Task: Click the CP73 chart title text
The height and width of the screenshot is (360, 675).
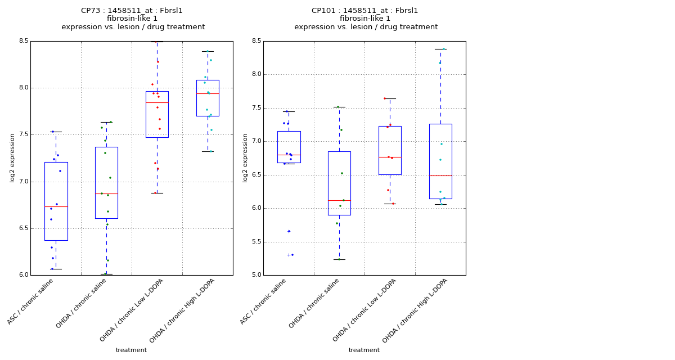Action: pyautogui.click(x=133, y=11)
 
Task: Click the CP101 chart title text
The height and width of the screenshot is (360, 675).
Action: pyautogui.click(x=366, y=11)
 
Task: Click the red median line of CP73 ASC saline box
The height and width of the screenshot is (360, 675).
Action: pyautogui.click(x=56, y=206)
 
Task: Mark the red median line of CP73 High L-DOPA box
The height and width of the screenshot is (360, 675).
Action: pyautogui.click(x=208, y=93)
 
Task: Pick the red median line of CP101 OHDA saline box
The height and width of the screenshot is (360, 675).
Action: pyautogui.click(x=339, y=200)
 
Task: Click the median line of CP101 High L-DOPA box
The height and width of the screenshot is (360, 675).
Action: pyautogui.click(x=440, y=175)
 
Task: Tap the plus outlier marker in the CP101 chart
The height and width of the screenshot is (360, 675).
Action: pyautogui.click(x=289, y=255)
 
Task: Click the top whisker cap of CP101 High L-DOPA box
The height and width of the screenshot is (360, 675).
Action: pyautogui.click(x=440, y=49)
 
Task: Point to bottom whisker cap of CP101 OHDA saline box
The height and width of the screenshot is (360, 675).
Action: pyautogui.click(x=339, y=259)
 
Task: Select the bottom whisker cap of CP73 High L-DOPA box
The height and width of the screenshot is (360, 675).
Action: pyautogui.click(x=208, y=151)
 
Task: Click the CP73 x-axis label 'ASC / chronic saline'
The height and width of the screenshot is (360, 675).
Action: pyautogui.click(x=38, y=302)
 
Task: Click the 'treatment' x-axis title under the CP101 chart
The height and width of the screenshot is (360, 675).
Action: pyautogui.click(x=364, y=350)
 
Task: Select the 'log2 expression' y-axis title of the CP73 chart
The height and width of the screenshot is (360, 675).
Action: pyautogui.click(x=12, y=158)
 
